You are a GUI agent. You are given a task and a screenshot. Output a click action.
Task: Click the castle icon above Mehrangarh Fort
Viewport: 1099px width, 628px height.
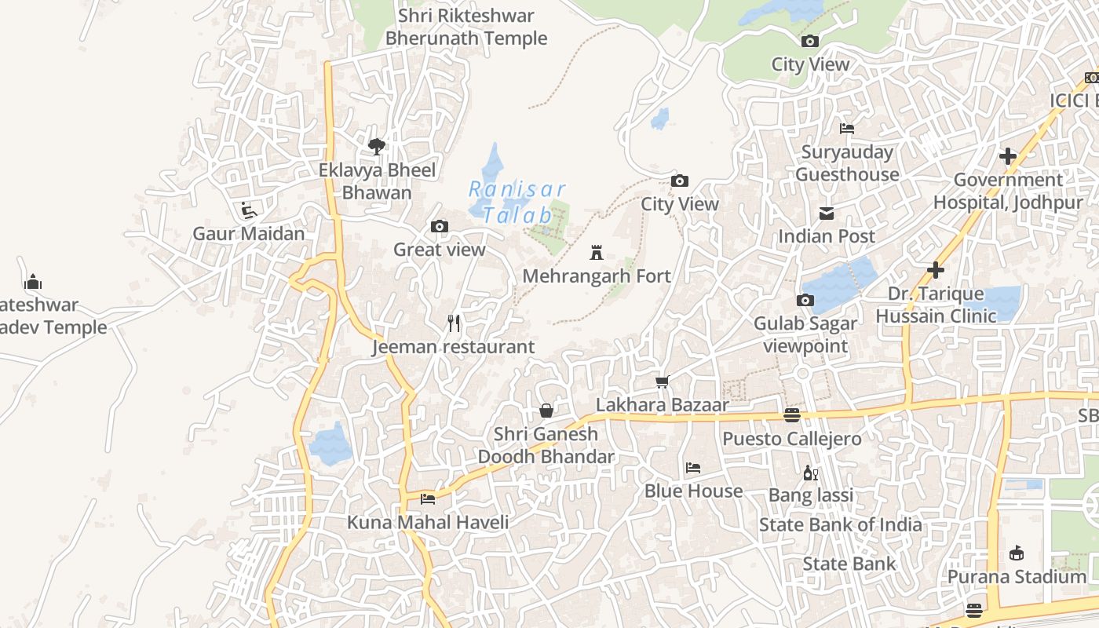tap(597, 254)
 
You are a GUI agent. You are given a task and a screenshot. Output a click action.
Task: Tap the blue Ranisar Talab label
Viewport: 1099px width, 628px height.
tap(517, 202)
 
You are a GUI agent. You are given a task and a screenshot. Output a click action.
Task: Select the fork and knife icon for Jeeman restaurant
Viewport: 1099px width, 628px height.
tap(454, 323)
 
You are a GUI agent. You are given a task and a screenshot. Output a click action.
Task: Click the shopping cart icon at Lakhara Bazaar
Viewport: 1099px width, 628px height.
tap(663, 382)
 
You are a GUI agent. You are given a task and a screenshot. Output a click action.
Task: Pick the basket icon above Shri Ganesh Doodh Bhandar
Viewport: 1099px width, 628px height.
tap(546, 411)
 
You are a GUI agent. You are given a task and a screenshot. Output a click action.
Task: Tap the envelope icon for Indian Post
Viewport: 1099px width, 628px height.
tap(827, 214)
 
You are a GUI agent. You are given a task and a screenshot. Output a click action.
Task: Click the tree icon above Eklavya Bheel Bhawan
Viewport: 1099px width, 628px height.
tap(377, 146)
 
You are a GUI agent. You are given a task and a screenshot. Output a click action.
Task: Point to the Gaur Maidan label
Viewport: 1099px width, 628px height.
tap(249, 233)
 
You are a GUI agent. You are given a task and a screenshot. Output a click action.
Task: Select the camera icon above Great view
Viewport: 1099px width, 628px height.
tap(440, 227)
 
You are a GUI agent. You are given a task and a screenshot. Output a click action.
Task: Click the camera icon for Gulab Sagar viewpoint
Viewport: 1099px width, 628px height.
tap(805, 300)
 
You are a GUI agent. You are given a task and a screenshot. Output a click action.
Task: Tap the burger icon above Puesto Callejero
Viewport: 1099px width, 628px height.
tap(792, 415)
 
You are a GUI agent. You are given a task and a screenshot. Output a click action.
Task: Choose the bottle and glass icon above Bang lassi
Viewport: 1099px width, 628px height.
tap(811, 473)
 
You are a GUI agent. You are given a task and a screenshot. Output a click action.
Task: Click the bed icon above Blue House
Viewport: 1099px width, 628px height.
tap(693, 468)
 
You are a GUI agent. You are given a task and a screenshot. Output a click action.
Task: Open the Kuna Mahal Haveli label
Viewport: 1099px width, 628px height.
tap(428, 522)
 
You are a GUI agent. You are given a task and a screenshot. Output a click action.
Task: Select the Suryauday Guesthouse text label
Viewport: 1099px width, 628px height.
tap(847, 163)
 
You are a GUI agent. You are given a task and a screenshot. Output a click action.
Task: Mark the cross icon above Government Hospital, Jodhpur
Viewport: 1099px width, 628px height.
tap(1008, 156)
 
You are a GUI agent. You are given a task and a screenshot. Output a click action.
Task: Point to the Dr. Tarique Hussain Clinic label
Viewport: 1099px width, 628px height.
tap(936, 305)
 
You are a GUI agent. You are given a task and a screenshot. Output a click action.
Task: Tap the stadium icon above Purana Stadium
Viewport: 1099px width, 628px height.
tap(1017, 553)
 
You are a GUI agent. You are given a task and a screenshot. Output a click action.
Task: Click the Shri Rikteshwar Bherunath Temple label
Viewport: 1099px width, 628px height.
tap(466, 27)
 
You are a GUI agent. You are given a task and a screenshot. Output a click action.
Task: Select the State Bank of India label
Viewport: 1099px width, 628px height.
tap(840, 524)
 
